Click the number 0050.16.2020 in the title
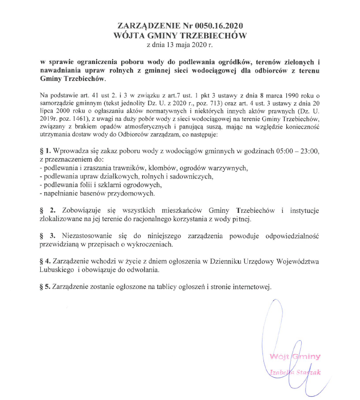(217, 25)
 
